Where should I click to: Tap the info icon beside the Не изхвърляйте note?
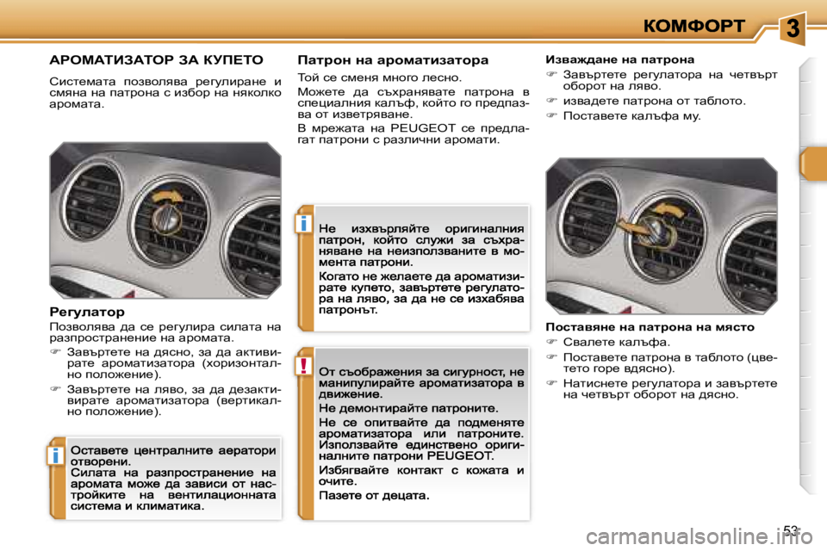point(305,225)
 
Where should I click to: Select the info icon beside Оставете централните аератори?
point(55,455)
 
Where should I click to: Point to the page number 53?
point(792,530)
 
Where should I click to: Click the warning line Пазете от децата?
point(374,496)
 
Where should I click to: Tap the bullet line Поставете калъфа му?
point(619,115)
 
